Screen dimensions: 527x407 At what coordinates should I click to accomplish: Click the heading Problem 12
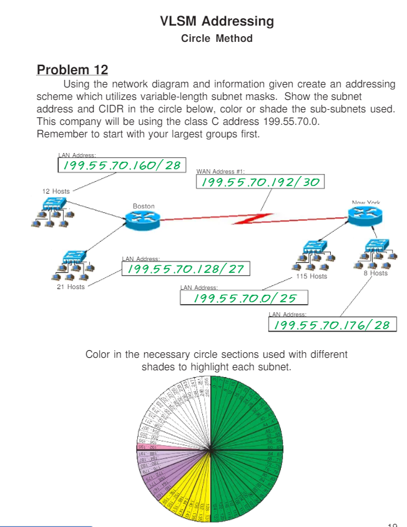pyautogui.click(x=72, y=69)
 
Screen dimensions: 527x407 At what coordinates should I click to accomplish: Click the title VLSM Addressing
pyautogui.click(x=217, y=21)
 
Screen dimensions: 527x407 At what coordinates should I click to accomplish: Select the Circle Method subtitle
pyautogui.click(x=217, y=39)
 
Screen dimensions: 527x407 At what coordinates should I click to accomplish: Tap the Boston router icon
pyautogui.click(x=143, y=219)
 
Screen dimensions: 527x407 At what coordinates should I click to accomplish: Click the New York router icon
pyautogui.click(x=365, y=215)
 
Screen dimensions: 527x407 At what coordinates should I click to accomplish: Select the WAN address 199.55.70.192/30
pyautogui.click(x=260, y=181)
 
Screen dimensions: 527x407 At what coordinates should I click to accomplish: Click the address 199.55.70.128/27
pyautogui.click(x=185, y=268)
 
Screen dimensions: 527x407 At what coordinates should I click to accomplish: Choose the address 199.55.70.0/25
pyautogui.click(x=245, y=298)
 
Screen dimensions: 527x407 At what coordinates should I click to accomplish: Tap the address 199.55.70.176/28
pyautogui.click(x=332, y=325)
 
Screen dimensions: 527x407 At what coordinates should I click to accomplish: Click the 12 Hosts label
pyautogui.click(x=56, y=191)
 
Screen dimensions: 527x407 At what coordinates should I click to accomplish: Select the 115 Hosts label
pyautogui.click(x=311, y=276)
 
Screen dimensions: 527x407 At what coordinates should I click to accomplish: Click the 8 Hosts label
pyautogui.click(x=375, y=273)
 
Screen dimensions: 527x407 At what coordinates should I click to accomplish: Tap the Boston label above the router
pyautogui.click(x=144, y=206)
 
